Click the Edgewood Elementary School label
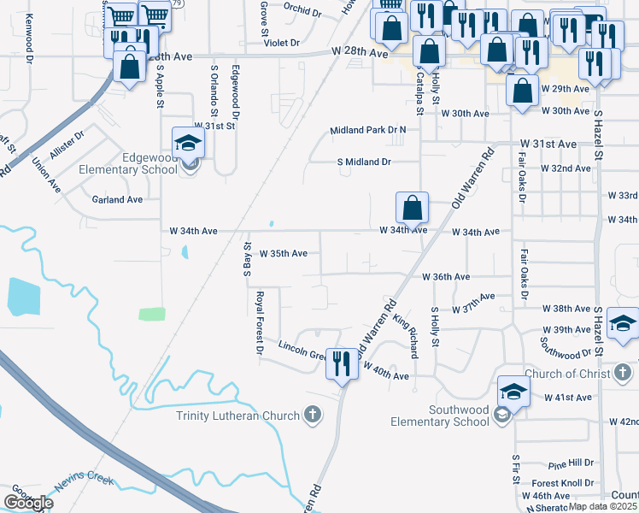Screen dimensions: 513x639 tap(128, 162)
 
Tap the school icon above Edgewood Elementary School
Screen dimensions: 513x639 tap(189, 142)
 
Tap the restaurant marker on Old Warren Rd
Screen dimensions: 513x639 tap(343, 363)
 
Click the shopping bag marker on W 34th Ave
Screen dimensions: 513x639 tap(412, 207)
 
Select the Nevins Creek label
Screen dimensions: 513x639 tap(84, 481)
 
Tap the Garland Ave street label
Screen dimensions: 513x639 tap(117, 199)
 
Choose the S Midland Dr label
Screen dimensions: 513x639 tap(364, 161)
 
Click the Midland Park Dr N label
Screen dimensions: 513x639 tap(368, 130)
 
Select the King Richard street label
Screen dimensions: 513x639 tap(407, 335)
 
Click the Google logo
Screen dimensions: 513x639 tap(27, 503)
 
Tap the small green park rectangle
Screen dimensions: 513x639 tap(152, 313)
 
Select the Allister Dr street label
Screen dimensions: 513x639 tap(67, 142)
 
